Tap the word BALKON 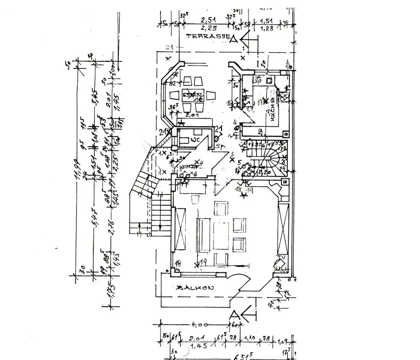click(x=196, y=288)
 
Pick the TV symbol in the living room click(x=279, y=263)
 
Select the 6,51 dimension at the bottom click(x=242, y=357)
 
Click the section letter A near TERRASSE click(x=234, y=39)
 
